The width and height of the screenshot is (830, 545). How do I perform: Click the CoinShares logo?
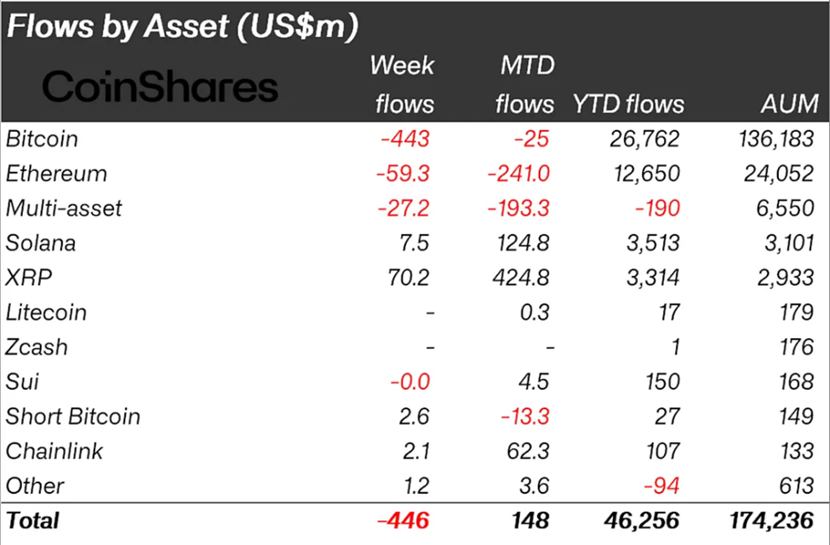click(160, 87)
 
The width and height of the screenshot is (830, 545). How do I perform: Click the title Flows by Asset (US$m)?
click(181, 26)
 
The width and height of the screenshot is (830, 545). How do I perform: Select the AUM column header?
click(790, 104)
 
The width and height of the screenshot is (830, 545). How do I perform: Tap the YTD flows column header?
click(627, 104)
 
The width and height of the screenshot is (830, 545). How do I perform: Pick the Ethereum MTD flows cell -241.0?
click(518, 174)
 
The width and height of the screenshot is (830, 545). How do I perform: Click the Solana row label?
click(41, 244)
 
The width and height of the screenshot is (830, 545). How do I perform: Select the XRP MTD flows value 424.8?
click(523, 278)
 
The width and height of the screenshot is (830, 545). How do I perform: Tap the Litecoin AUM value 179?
click(797, 313)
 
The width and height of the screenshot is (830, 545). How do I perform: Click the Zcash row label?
click(37, 347)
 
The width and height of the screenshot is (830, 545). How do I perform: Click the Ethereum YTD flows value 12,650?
click(644, 174)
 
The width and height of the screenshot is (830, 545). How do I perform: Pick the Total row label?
click(33, 519)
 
